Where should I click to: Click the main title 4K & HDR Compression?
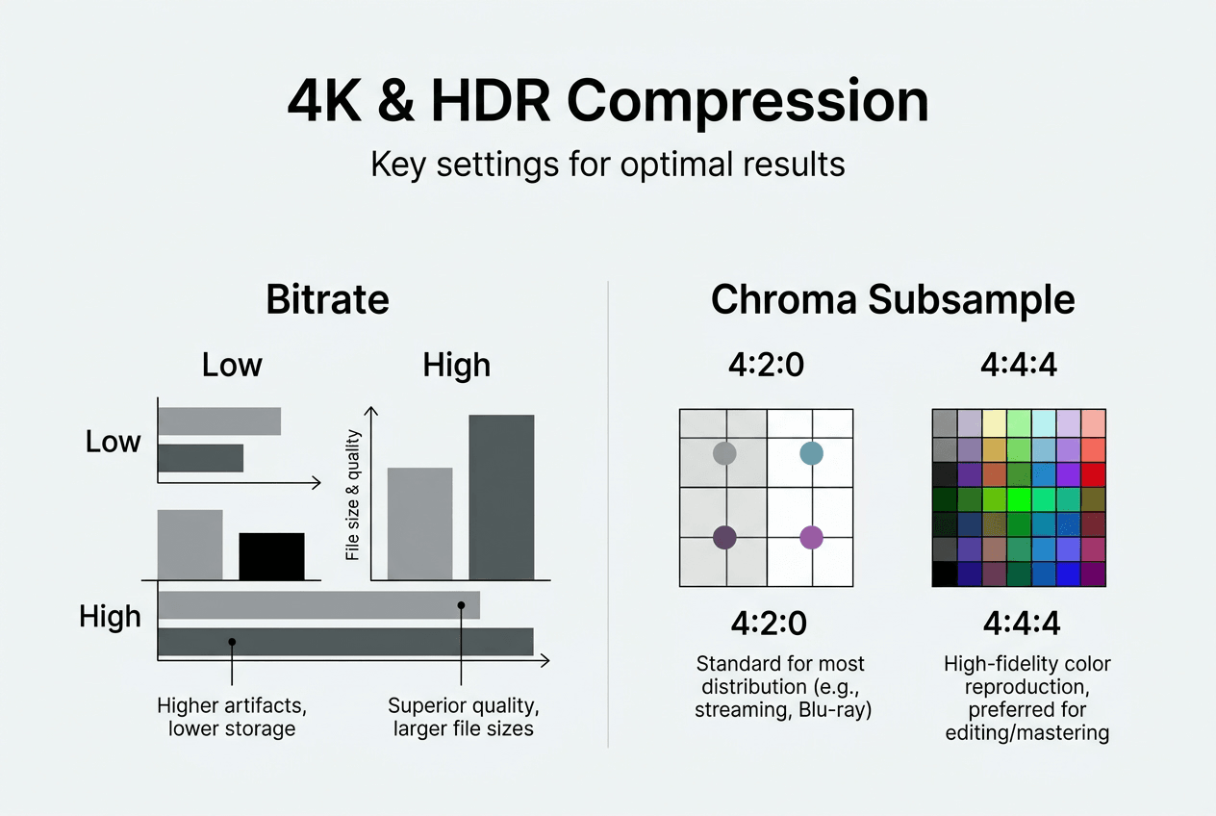coord(608,102)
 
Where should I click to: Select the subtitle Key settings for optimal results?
coord(608,164)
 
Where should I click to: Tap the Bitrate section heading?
coord(327,299)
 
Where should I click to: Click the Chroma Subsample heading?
coord(893,299)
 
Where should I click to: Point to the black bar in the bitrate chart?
coord(271,556)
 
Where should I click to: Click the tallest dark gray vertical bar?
coord(501,497)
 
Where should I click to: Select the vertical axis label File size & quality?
coord(353,495)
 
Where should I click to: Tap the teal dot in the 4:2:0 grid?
coord(812,453)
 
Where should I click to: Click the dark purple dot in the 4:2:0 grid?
coord(724,538)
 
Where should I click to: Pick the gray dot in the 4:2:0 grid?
coord(724,453)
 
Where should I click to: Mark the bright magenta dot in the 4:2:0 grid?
coord(812,538)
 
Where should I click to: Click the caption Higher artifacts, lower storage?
coord(232,717)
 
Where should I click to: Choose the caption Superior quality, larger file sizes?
coord(463,717)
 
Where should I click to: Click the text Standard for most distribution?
coord(783,686)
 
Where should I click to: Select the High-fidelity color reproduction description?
coord(1027,698)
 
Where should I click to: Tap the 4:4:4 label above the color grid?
coord(1019,365)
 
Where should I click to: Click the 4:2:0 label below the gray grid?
coord(769,624)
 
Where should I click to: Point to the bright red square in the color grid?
coord(1093,475)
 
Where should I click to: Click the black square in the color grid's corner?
coord(945,574)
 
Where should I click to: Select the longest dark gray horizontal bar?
coord(345,642)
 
